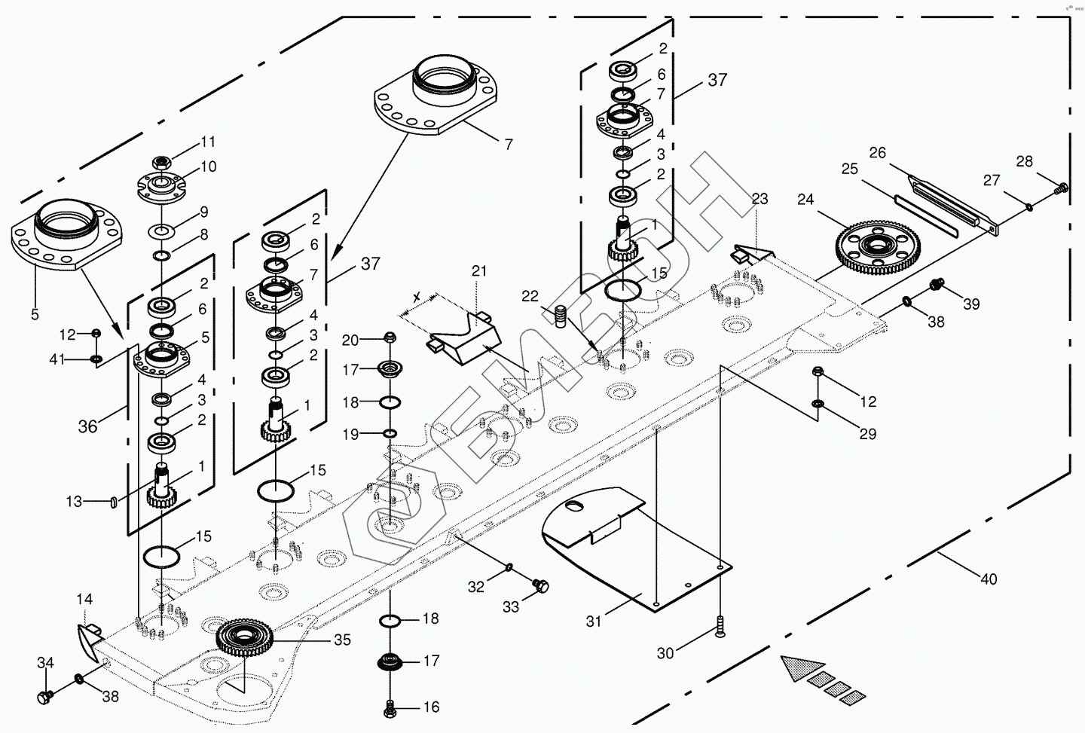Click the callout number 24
pyautogui.click(x=806, y=200)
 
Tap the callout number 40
pyautogui.click(x=989, y=579)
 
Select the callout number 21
pyautogui.click(x=480, y=270)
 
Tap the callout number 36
pyautogui.click(x=88, y=426)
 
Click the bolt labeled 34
pyautogui.click(x=45, y=698)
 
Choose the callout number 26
pyautogui.click(x=877, y=153)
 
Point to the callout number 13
pyautogui.click(x=73, y=501)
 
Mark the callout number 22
pyautogui.click(x=530, y=297)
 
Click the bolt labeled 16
pyautogui.click(x=390, y=707)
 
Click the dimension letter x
pyautogui.click(x=416, y=296)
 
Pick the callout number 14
pyautogui.click(x=84, y=600)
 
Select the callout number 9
pyautogui.click(x=203, y=212)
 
